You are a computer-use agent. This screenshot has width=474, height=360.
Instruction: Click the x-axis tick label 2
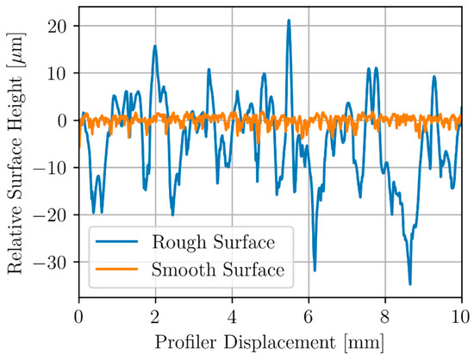point(155,317)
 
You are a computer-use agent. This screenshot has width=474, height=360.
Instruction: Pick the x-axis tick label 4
point(232,317)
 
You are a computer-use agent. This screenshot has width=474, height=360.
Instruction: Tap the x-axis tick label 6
point(309,317)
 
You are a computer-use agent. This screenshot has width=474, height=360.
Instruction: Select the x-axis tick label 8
point(385,317)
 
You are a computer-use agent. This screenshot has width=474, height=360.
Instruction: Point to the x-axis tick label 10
point(461,317)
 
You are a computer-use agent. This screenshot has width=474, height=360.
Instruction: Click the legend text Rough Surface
point(214,242)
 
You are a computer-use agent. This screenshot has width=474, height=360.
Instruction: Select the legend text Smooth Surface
point(218,269)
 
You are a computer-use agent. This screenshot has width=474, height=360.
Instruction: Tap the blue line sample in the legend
point(116,241)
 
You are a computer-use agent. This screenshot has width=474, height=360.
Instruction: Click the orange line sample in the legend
point(116,269)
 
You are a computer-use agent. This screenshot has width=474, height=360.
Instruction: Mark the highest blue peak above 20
point(289,21)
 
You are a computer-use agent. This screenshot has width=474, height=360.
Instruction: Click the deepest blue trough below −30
point(410,284)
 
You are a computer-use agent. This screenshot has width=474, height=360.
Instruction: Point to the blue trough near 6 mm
point(315,270)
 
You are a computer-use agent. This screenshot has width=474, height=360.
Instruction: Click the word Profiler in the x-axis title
point(186,343)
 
